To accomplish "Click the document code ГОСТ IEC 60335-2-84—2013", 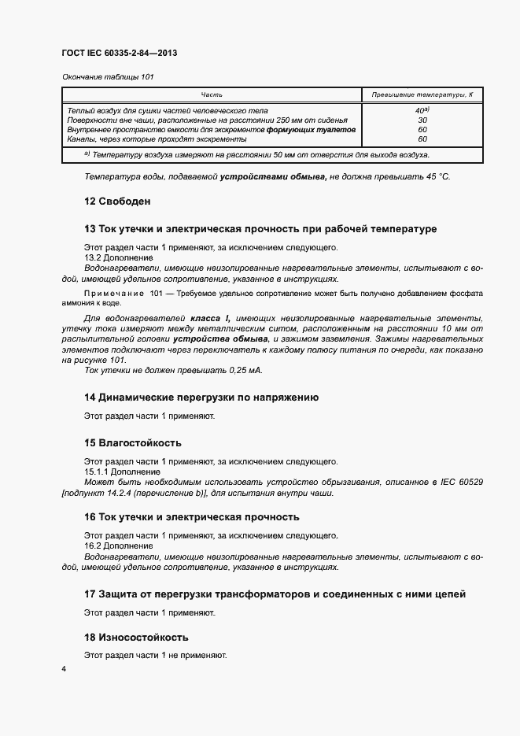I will (x=119, y=53).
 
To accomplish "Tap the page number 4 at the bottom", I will (x=64, y=669).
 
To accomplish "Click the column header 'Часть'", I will (x=212, y=94).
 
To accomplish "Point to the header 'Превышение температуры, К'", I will (x=422, y=94).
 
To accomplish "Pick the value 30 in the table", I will (x=422, y=120).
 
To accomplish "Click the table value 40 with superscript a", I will (x=422, y=111).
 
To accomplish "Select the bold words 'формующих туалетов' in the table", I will (x=311, y=130).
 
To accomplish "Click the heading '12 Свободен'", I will (x=117, y=202).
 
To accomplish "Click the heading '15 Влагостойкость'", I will (x=132, y=443).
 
